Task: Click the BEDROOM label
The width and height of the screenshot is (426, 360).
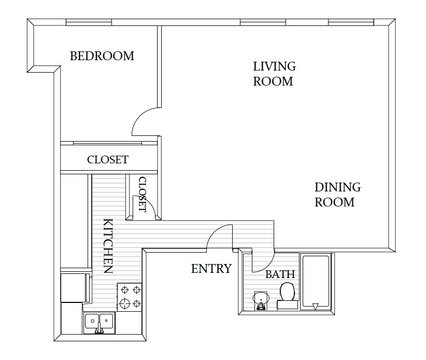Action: tap(102, 56)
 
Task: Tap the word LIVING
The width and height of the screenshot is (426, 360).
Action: tap(273, 66)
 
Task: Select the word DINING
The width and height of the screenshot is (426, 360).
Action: tap(336, 186)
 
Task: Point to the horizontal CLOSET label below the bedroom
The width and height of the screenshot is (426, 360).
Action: tap(107, 159)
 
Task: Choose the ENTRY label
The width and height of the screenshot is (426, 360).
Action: tap(211, 268)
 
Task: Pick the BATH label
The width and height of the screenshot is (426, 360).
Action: tap(278, 273)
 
